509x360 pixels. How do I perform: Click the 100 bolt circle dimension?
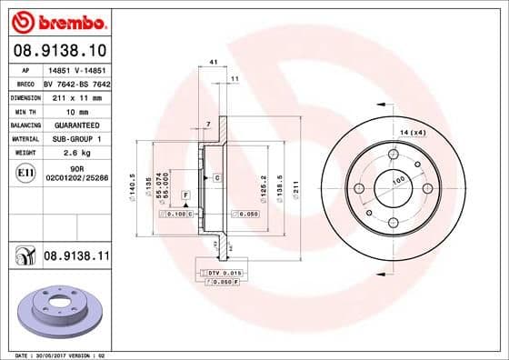pyautogui.click(x=396, y=181)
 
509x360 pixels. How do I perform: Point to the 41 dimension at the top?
pyautogui.click(x=213, y=61)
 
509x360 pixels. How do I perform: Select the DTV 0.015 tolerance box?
pyautogui.click(x=221, y=274)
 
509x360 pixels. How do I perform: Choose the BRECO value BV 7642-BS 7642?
pyautogui.click(x=76, y=82)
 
